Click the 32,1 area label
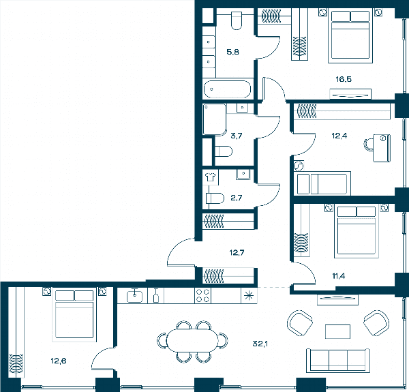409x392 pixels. pyautogui.click(x=260, y=344)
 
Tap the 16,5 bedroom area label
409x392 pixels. pyautogui.click(x=344, y=79)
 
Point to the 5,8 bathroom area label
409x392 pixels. pyautogui.click(x=232, y=52)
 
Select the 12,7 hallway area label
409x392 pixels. pyautogui.click(x=237, y=252)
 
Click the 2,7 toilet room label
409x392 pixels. pyautogui.click(x=237, y=198)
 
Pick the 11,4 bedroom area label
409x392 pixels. pyautogui.click(x=339, y=275)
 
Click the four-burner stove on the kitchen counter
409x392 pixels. pyautogui.click(x=202, y=295)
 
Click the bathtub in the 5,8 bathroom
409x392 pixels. pyautogui.click(x=227, y=89)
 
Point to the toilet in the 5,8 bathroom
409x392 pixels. pyautogui.click(x=237, y=20)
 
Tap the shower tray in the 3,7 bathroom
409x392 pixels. pyautogui.click(x=215, y=119)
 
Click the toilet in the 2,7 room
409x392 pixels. pyautogui.click(x=215, y=198)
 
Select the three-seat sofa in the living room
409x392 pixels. pyautogui.click(x=338, y=361)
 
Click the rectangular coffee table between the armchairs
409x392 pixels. pyautogui.click(x=337, y=331)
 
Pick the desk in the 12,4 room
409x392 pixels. pyautogui.click(x=382, y=148)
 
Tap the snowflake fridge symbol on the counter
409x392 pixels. pyautogui.click(x=249, y=296)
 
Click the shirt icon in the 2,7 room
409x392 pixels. pyautogui.click(x=210, y=177)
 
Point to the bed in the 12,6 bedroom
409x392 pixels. pyautogui.click(x=74, y=316)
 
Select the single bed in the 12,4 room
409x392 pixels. pyautogui.click(x=322, y=183)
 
